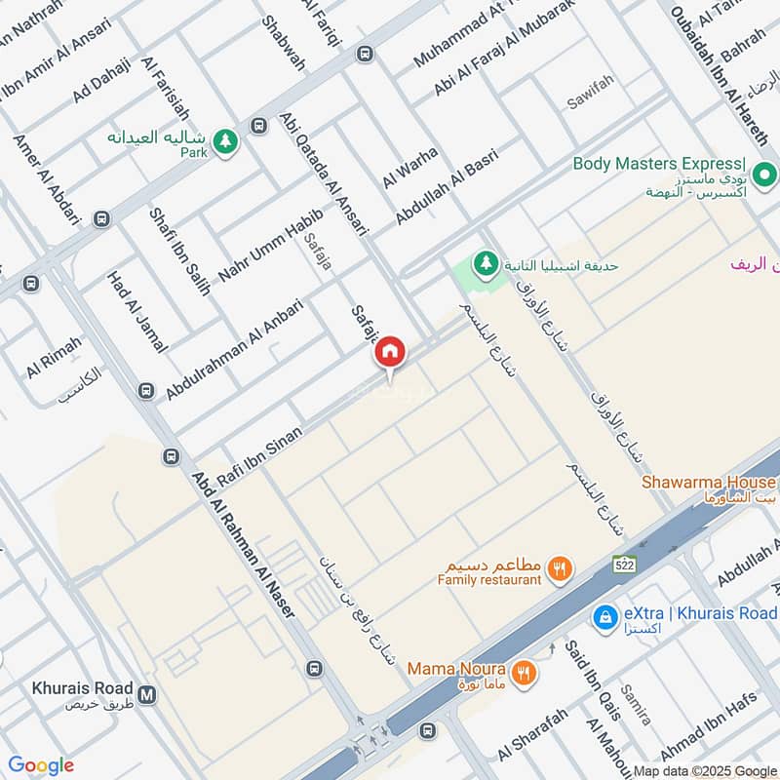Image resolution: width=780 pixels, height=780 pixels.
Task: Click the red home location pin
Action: coord(390,352)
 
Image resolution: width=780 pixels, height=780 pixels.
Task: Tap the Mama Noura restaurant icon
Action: coord(525,670)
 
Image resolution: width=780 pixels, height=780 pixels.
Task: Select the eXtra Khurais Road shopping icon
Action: coord(605,615)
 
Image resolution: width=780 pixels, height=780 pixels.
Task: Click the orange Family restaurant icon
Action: coord(560,568)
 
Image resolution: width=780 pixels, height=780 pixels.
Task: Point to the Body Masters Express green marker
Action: coord(766,175)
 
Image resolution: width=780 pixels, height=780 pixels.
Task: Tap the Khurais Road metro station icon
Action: coord(147,695)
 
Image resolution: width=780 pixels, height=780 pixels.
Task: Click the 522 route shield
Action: coord(625,564)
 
